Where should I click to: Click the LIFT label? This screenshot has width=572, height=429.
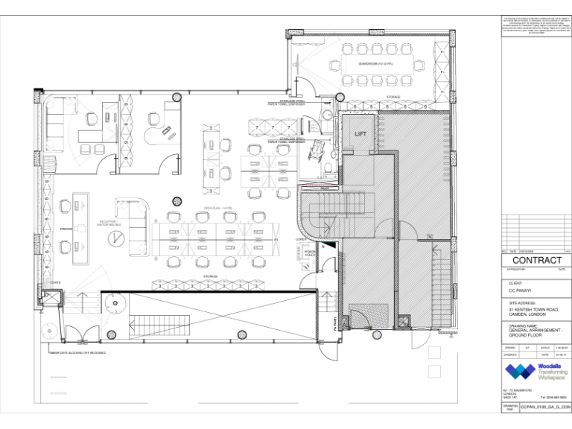[361, 133]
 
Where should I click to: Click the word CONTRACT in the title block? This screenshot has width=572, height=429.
[537, 260]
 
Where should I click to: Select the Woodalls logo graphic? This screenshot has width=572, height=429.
[520, 372]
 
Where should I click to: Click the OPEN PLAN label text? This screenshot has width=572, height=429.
[214, 208]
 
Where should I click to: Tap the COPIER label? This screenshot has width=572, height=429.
[301, 238]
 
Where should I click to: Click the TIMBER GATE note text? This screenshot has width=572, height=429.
[77, 352]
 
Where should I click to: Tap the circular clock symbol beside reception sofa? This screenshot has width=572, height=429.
[116, 238]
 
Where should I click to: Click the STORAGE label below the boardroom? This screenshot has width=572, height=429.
[393, 98]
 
